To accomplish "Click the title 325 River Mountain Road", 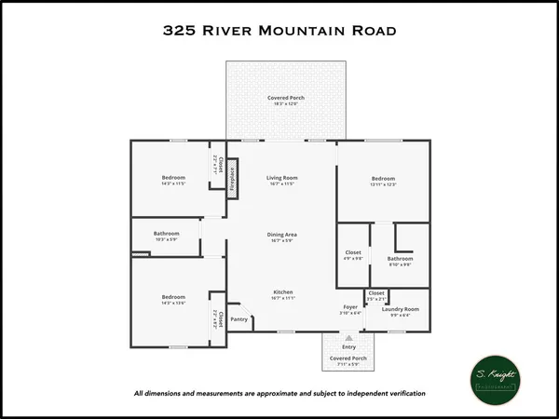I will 279,30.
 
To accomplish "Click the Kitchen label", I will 283,292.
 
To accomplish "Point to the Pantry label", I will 239,318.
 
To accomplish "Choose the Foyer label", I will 349,306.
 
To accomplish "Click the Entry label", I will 349,346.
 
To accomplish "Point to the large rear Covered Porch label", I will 286,98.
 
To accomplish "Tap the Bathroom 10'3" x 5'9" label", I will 167,234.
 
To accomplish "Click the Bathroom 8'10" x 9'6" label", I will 401,258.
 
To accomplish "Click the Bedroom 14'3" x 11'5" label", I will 173,178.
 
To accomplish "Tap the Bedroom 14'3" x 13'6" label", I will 173,298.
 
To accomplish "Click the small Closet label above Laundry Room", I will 376,293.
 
